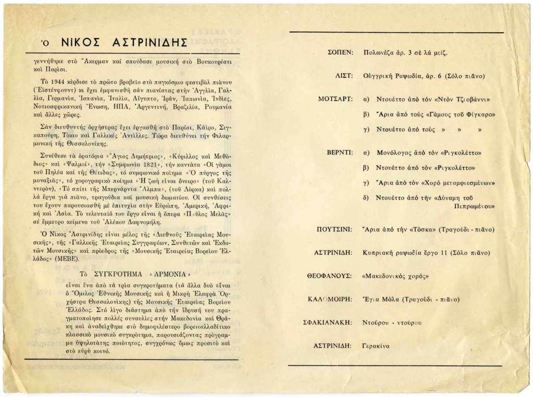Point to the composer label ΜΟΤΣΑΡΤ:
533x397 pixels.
tap(336, 99)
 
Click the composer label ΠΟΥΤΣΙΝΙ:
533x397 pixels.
tap(335, 229)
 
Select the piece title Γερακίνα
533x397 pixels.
tap(376, 345)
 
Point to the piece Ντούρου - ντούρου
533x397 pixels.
tap(391, 322)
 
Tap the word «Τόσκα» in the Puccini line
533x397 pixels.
tap(415, 229)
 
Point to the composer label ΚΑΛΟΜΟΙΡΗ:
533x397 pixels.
tap(334, 299)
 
